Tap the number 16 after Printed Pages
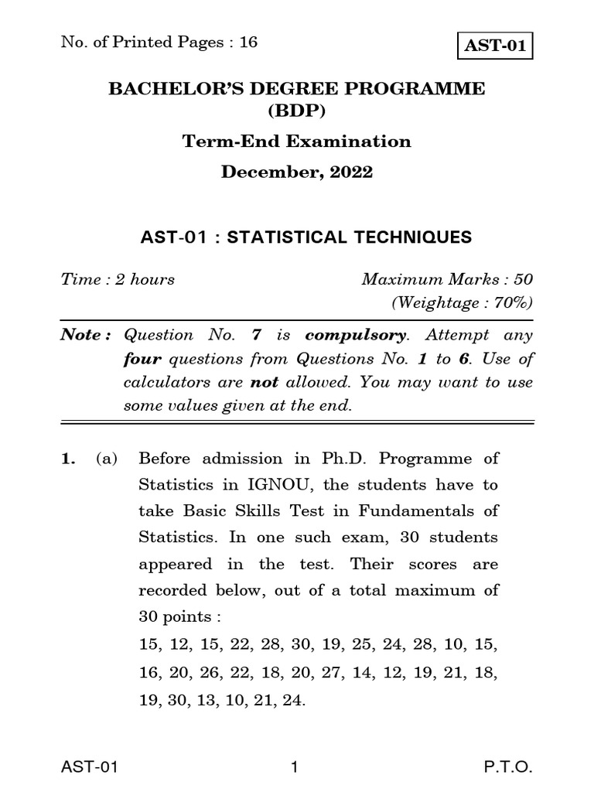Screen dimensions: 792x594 247,42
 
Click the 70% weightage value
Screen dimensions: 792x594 505,302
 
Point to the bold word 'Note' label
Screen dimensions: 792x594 82,335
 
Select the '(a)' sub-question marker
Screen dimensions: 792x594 106,459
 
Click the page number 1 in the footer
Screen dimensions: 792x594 295,767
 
